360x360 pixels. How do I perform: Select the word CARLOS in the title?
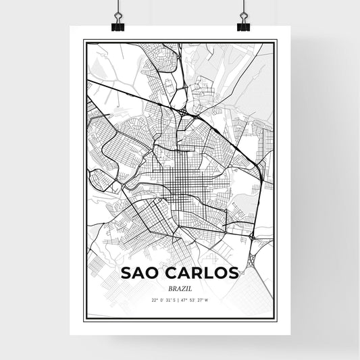pyautogui.click(x=197, y=273)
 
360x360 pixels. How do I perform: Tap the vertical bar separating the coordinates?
pyautogui.click(x=180, y=299)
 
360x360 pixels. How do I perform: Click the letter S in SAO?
pyautogui.click(x=126, y=273)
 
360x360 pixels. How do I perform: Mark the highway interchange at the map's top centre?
pyautogui.click(x=184, y=109)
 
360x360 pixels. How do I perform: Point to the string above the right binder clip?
pyautogui.click(x=243, y=7)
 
